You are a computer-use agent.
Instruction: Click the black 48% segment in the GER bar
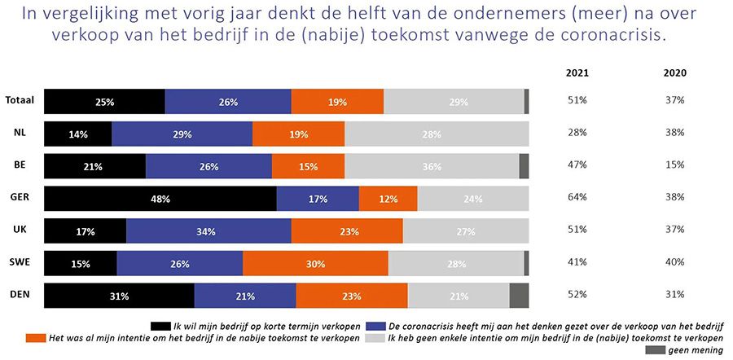pyautogui.click(x=160, y=198)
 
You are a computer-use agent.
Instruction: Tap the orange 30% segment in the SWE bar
pyautogui.click(x=315, y=263)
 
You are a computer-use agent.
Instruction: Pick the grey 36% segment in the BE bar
pyautogui.click(x=432, y=166)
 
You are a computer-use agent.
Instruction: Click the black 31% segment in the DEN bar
pyautogui.click(x=119, y=296)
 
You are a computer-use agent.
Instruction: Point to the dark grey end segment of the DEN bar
pyautogui.click(x=519, y=296)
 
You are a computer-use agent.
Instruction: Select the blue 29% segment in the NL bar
pyautogui.click(x=182, y=134)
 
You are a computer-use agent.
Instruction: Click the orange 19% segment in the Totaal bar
pyautogui.click(x=337, y=102)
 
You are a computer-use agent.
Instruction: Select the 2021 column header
pyautogui.click(x=577, y=72)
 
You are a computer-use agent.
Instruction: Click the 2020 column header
pyautogui.click(x=674, y=72)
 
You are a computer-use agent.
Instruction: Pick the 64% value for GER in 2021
pyautogui.click(x=577, y=198)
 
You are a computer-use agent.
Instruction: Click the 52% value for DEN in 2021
pyautogui.click(x=577, y=296)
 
